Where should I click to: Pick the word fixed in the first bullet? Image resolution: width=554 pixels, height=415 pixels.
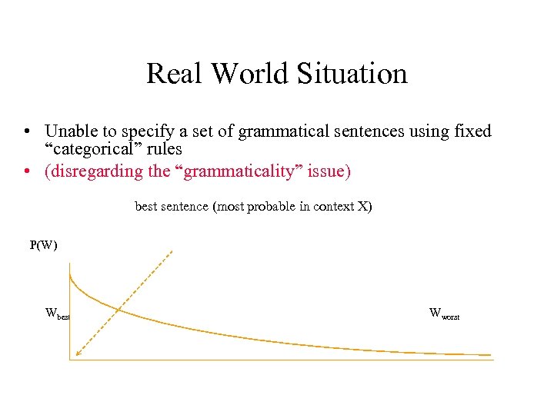coord(472,131)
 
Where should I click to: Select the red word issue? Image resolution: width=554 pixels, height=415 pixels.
coord(329,171)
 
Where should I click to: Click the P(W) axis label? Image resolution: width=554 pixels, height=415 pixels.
coord(43,245)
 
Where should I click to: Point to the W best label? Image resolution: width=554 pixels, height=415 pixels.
coord(58,314)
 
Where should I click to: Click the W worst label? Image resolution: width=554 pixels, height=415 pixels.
coord(444,314)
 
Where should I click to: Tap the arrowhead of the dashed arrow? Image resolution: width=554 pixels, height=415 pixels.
coord(77,354)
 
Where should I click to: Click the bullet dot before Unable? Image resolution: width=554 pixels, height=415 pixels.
coord(27,132)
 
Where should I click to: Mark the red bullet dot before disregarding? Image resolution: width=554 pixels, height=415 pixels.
coord(27,171)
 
